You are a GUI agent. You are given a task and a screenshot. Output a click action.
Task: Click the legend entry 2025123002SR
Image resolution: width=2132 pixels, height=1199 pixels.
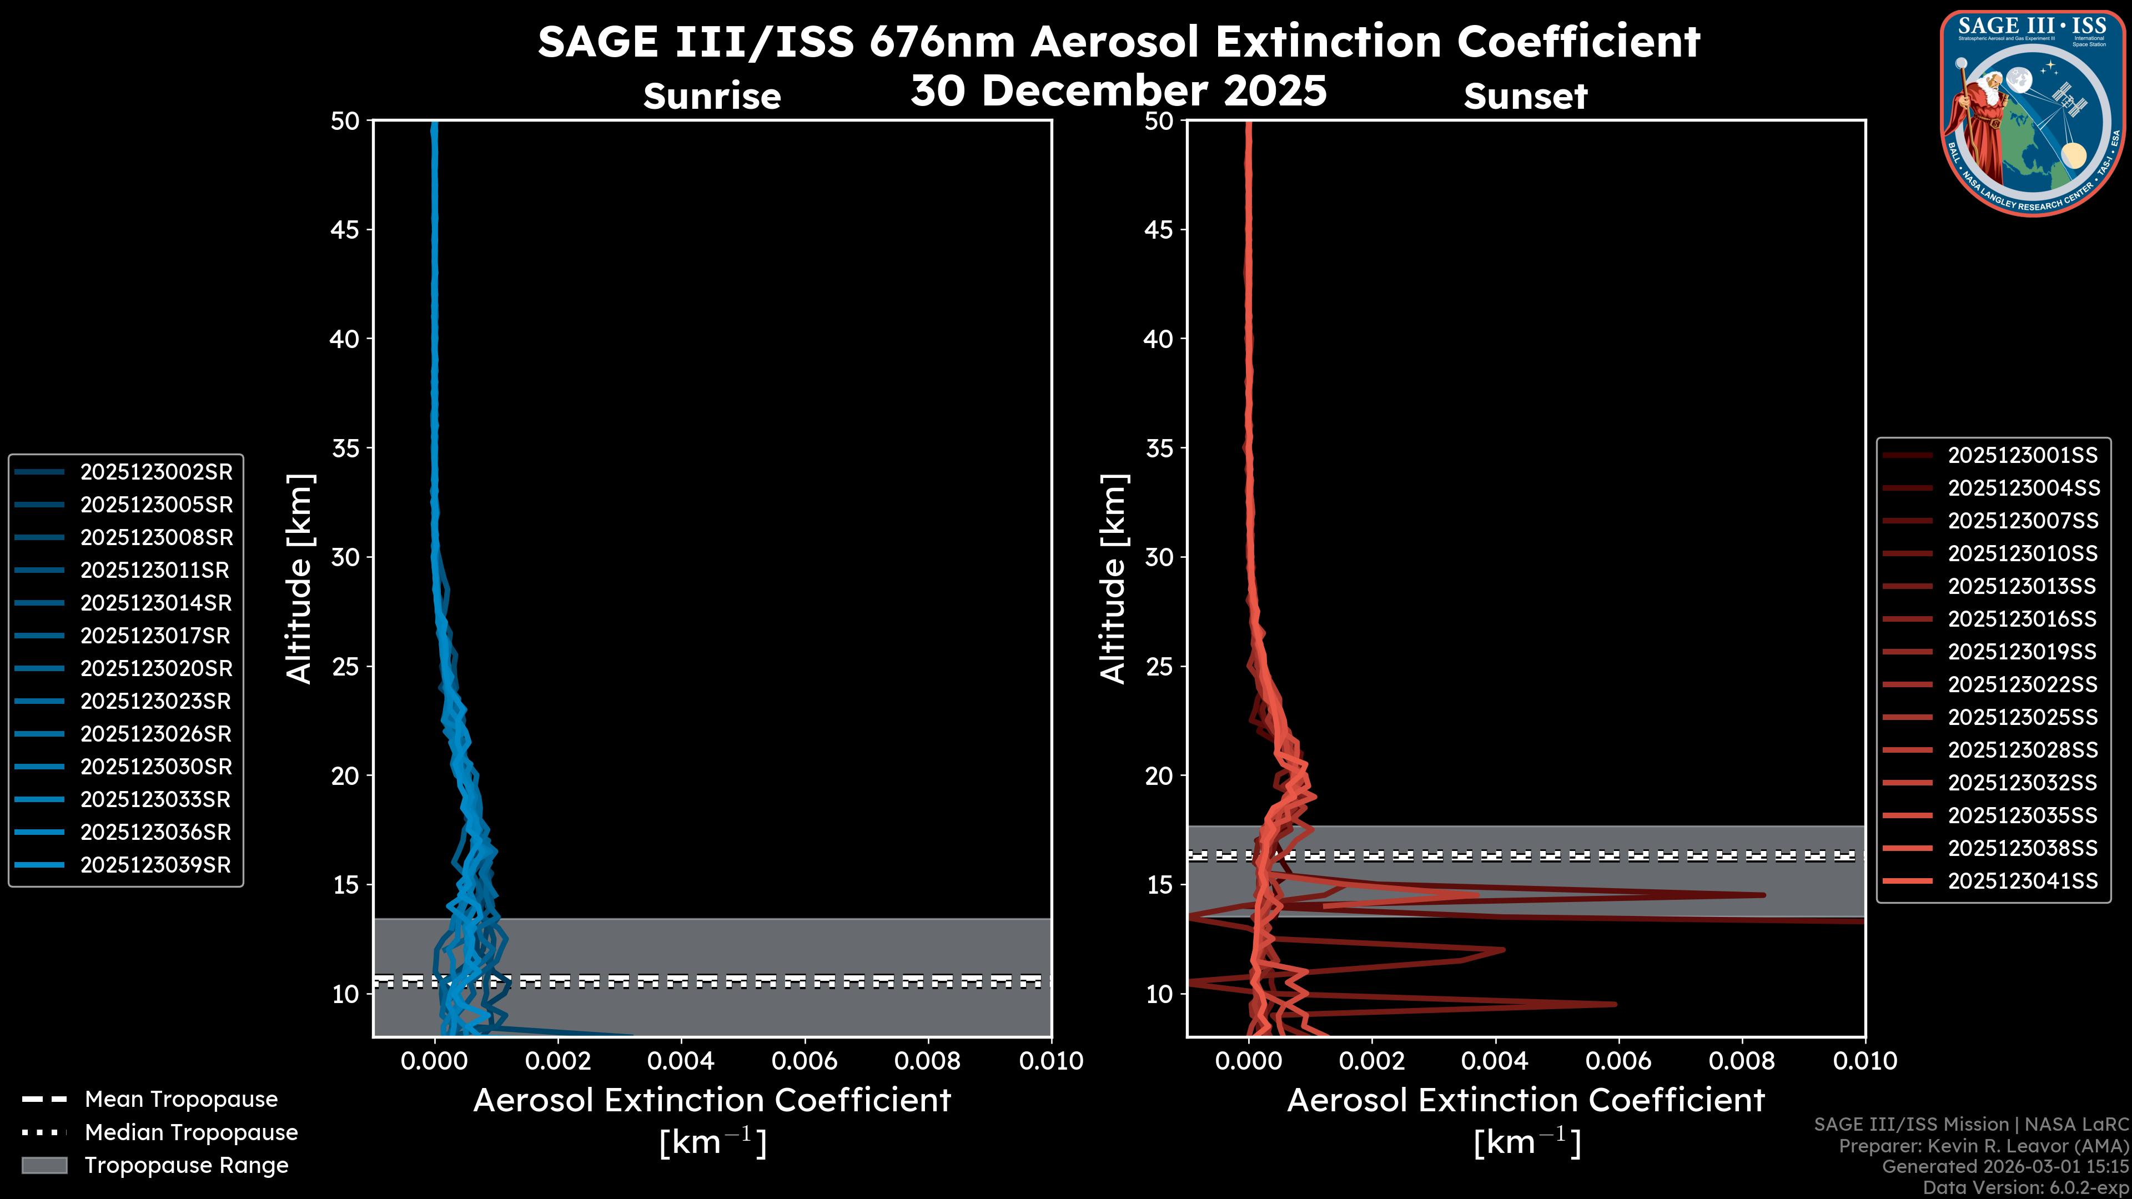click(x=155, y=472)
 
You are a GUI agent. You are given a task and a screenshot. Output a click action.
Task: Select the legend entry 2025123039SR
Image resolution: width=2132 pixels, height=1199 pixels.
click(x=155, y=865)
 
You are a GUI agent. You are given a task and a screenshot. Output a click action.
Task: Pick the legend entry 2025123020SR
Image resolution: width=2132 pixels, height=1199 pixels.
click(x=155, y=668)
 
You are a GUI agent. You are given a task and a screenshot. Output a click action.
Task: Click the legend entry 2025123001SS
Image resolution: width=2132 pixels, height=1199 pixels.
click(x=2022, y=456)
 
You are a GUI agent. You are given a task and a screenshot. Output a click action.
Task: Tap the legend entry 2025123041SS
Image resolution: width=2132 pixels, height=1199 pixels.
click(x=2022, y=881)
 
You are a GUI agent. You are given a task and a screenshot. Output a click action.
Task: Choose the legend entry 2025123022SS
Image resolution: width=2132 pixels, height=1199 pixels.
click(x=2022, y=685)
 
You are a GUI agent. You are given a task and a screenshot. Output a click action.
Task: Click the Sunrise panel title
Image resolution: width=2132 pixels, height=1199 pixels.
click(x=712, y=97)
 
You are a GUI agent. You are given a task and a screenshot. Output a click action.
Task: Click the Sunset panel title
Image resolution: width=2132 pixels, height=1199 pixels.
click(x=1525, y=97)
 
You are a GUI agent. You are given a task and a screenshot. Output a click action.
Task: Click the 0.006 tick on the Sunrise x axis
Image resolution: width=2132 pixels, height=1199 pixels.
click(x=804, y=1061)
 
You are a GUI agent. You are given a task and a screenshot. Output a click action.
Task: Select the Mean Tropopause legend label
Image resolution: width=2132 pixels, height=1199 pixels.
click(x=181, y=1100)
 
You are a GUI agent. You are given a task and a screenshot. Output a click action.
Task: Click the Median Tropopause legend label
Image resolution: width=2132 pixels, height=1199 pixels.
click(x=191, y=1133)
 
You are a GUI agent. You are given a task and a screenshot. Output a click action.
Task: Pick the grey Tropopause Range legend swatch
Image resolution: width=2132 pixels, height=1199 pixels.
click(x=44, y=1166)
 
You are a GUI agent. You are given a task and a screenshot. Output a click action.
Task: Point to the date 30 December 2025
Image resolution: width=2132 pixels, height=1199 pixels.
click(x=1118, y=91)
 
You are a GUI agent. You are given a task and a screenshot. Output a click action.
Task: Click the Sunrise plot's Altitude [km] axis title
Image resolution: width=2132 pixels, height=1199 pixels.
click(x=299, y=578)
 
